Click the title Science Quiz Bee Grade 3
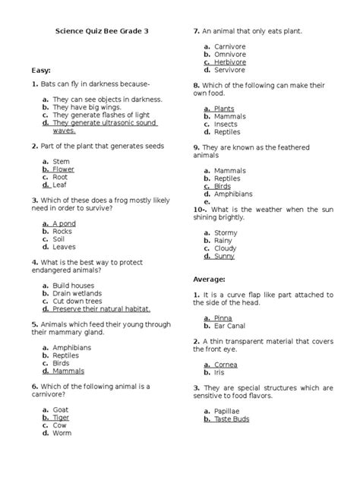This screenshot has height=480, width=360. tap(104, 33)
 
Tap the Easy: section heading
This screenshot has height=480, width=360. tap(42, 70)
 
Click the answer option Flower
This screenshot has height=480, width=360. tap(63, 169)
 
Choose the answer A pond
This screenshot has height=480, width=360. tap(65, 224)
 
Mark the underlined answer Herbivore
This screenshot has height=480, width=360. tap(235, 62)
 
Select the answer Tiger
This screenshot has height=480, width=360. tap(61, 417)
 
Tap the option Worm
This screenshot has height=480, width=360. tap(62, 434)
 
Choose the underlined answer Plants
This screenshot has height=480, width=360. tap(224, 109)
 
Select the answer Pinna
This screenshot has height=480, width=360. tap(223, 317)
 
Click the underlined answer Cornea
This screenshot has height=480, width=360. tap(226, 365)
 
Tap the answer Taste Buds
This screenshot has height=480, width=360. tap(233, 419)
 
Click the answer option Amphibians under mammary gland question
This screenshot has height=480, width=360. tap(73, 347)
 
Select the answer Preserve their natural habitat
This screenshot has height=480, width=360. tap(101, 309)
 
